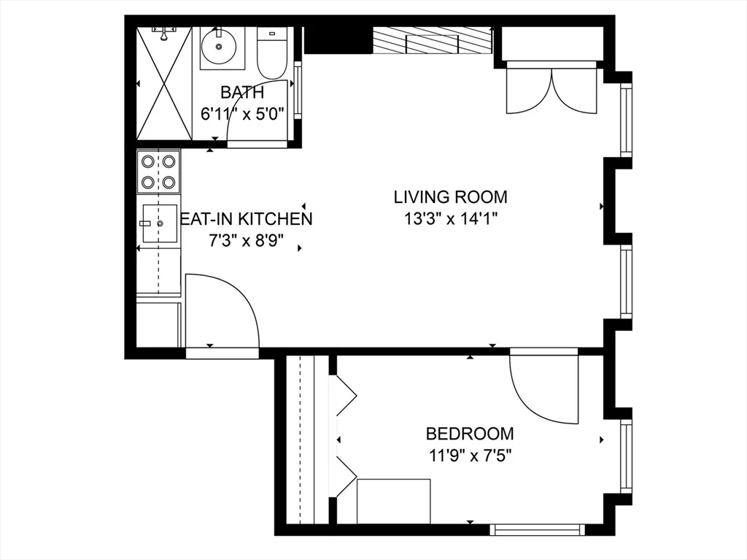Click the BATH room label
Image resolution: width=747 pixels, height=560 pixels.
(x=241, y=93)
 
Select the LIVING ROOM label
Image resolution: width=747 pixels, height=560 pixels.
(x=450, y=196)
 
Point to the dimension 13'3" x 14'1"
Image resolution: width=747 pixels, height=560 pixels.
(x=450, y=218)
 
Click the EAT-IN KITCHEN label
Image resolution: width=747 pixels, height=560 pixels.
(x=247, y=218)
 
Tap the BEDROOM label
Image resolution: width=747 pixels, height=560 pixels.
(x=470, y=434)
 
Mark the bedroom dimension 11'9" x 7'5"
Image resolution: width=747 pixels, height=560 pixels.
(x=470, y=456)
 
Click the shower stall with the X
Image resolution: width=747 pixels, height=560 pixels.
(x=165, y=83)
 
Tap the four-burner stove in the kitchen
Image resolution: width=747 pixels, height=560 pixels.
(x=158, y=172)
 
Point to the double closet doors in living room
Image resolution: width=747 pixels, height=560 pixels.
(x=552, y=88)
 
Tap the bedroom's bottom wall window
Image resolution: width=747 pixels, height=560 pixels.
(x=537, y=528)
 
